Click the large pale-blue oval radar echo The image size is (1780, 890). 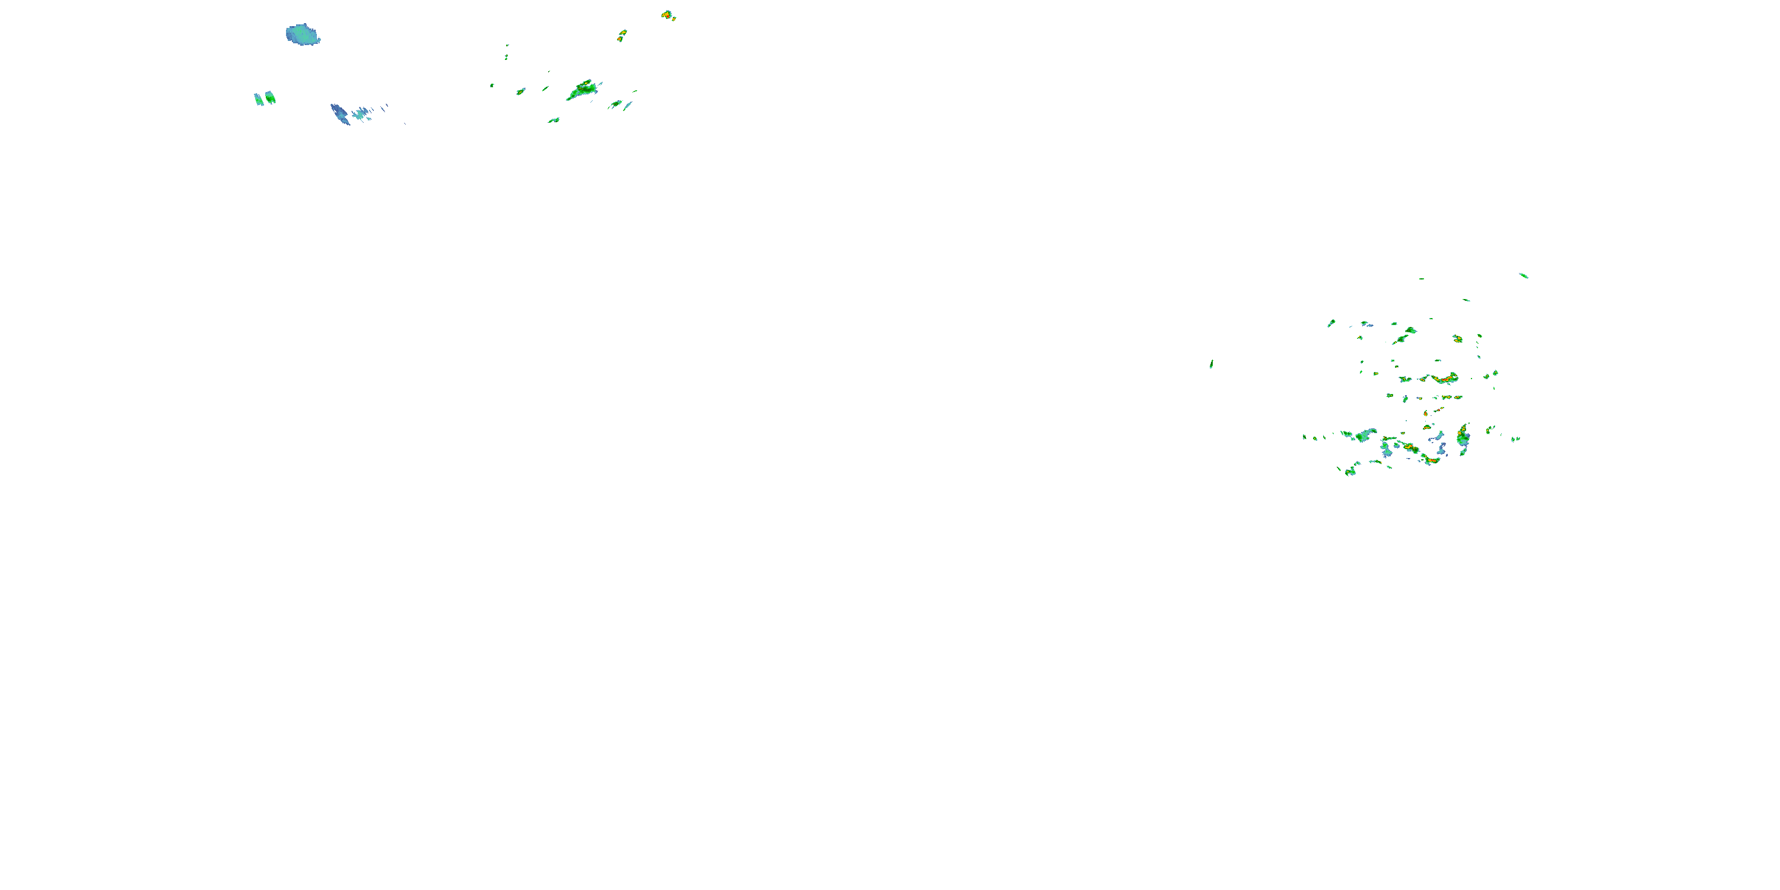coord(303,34)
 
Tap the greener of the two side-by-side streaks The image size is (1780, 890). coord(270,97)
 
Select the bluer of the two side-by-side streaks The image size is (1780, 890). coord(259,100)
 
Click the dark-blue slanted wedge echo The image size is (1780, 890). coord(340,114)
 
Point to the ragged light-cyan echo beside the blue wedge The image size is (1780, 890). coord(361,113)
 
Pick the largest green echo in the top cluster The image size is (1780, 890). coord(583,90)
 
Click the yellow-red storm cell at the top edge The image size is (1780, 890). coord(667,14)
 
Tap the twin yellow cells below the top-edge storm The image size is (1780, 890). coord(622,34)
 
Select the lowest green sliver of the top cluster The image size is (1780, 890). coord(554,120)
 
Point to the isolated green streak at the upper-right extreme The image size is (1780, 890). coord(1524,276)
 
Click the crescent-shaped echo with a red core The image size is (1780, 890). coord(1444,379)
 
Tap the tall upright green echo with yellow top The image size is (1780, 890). coord(1463,437)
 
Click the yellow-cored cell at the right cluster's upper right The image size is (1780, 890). coord(1457,339)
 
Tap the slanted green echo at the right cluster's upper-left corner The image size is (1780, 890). coord(1331,323)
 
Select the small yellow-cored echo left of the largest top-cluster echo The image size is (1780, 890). coord(520,91)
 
